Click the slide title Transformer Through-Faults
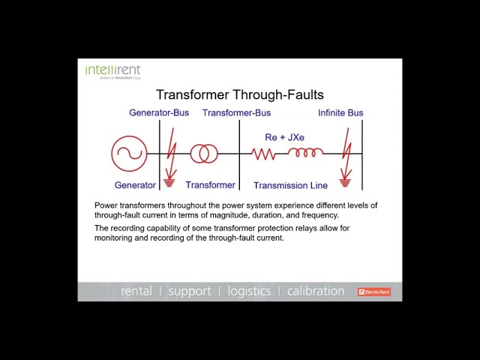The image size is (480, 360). coord(240,94)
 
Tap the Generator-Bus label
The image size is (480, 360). coord(159,112)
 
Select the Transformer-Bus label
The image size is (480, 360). coord(236,112)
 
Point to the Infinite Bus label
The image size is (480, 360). coord(340,112)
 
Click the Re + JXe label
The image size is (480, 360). coord(284,137)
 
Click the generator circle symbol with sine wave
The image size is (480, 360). coord(128,154)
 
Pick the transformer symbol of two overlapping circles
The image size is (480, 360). coord(204,154)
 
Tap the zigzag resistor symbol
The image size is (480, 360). coord(263,154)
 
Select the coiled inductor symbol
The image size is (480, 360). coord(305,153)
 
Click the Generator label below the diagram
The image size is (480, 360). coord(135,185)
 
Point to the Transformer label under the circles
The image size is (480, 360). coord(210,185)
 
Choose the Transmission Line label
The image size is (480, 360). coord(290,185)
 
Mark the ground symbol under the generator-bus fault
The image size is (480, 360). coord(169,182)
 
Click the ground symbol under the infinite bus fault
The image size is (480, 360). coord(345,182)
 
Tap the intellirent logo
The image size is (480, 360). coord(112,71)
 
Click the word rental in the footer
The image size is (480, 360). coord(136,291)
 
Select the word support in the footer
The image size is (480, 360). coord(189,291)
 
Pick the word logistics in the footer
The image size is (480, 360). coord(249,291)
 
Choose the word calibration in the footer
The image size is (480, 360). coord(316,291)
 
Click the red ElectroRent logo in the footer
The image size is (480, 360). coord(373,292)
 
